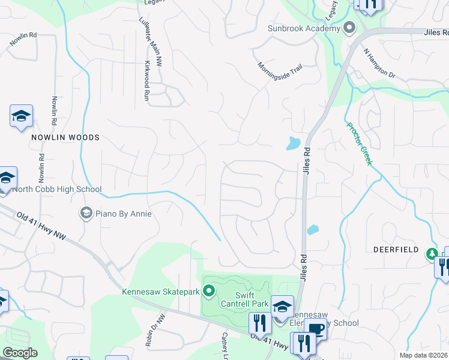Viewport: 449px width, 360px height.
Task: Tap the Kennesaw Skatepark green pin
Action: click(209, 292)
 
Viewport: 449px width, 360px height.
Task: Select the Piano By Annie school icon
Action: click(86, 213)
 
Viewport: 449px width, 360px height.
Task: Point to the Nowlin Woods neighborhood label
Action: click(65, 137)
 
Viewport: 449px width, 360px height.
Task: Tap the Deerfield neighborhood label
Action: click(394, 248)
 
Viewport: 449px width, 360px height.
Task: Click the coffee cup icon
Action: click(316, 328)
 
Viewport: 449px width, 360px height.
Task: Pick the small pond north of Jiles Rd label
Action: click(292, 143)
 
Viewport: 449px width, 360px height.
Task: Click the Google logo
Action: click(20, 353)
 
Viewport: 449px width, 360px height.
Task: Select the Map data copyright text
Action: click(423, 355)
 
